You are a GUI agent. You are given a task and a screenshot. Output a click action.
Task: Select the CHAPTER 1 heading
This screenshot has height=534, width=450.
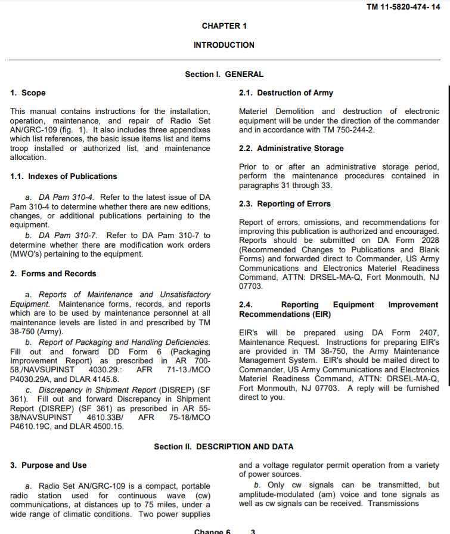[224, 26]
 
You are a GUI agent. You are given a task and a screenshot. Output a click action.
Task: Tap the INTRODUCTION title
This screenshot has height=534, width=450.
[224, 45]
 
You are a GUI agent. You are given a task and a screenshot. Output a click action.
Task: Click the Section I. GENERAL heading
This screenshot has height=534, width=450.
[224, 75]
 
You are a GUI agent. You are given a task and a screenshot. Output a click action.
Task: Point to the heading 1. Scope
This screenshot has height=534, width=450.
[28, 93]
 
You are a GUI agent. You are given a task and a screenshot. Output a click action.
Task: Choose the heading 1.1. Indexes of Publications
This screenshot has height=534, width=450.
[64, 177]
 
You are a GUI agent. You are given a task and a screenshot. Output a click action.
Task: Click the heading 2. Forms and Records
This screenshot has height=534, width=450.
[53, 274]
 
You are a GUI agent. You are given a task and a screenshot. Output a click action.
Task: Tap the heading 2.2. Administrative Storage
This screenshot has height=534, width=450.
[291, 149]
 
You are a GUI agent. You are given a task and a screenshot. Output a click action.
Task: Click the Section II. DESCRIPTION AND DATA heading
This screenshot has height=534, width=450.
[224, 447]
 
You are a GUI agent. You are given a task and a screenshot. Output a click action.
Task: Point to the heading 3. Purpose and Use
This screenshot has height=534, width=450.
[48, 465]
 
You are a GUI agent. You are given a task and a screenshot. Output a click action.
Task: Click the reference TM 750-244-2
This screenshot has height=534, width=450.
[347, 129]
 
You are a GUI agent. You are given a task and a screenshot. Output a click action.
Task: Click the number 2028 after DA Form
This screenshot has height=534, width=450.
[429, 240]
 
